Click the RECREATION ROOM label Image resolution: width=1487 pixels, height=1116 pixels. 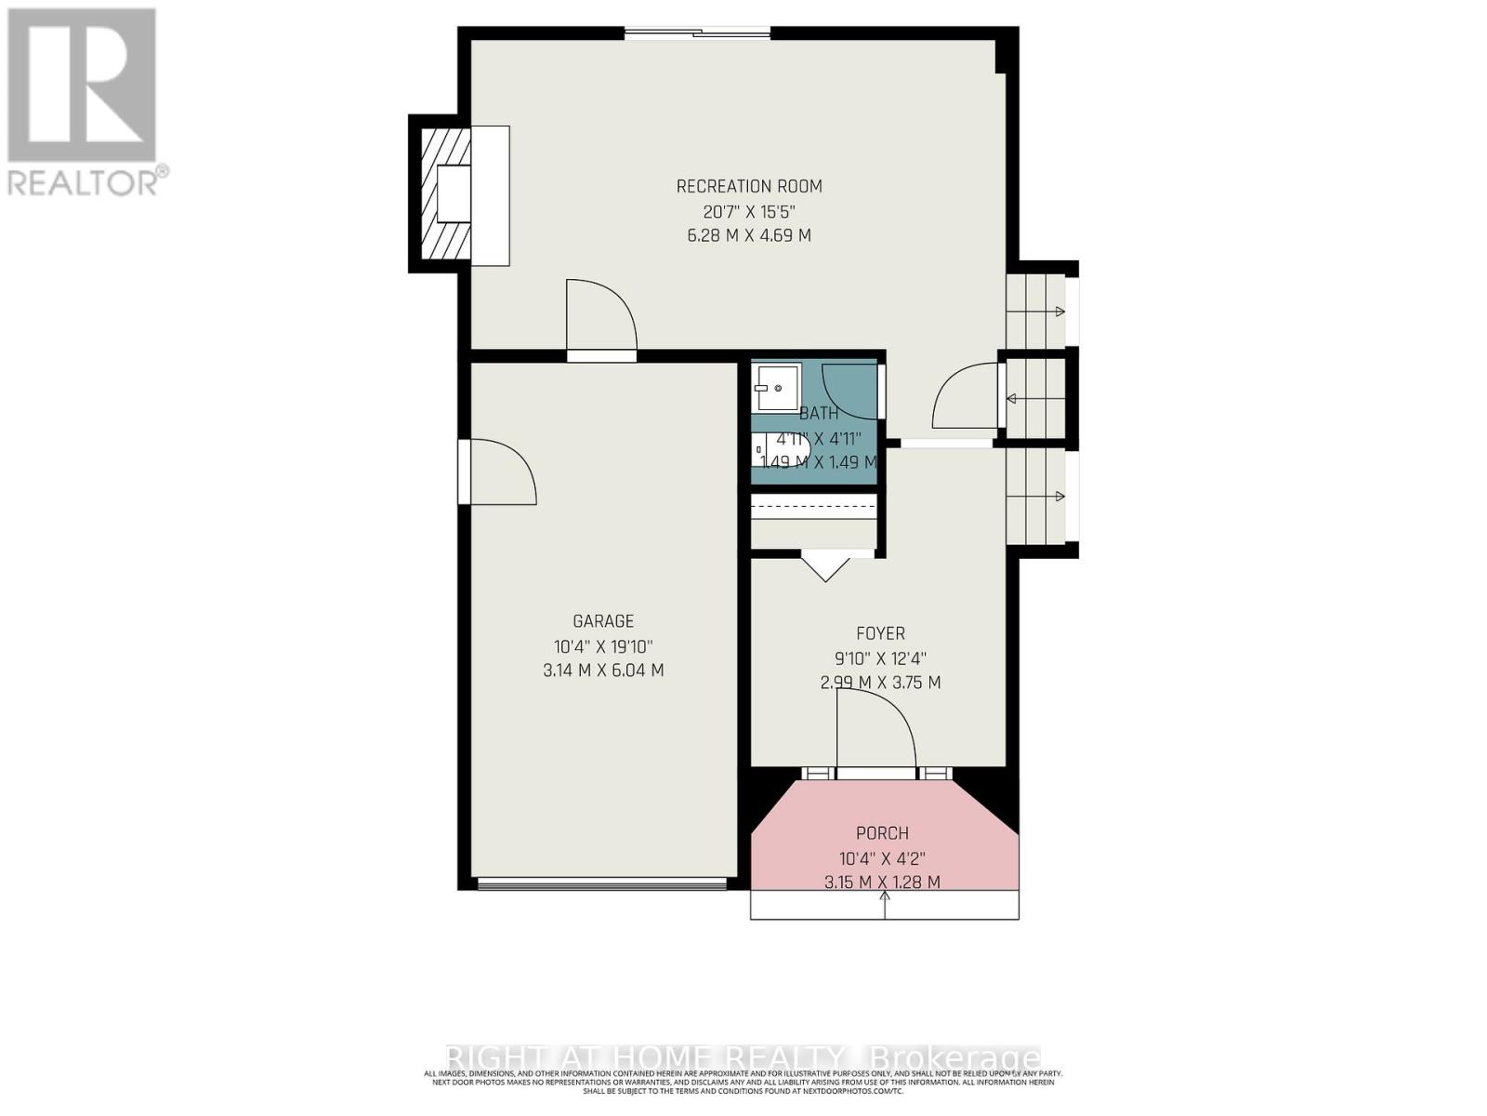749,186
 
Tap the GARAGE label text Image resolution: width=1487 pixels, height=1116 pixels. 603,621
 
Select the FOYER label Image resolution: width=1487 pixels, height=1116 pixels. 880,633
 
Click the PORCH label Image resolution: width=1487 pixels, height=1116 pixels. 882,833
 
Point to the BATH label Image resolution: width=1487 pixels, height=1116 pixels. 819,413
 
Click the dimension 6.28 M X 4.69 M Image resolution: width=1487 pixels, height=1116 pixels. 749,235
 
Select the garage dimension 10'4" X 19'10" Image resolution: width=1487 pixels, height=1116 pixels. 603,646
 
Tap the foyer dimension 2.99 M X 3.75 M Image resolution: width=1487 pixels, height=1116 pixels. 880,683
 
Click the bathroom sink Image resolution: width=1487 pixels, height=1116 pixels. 776,387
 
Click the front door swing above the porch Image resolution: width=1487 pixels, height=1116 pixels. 875,730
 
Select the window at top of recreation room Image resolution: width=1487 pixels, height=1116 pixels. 697,34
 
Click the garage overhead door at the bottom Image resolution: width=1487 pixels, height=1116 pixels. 602,883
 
